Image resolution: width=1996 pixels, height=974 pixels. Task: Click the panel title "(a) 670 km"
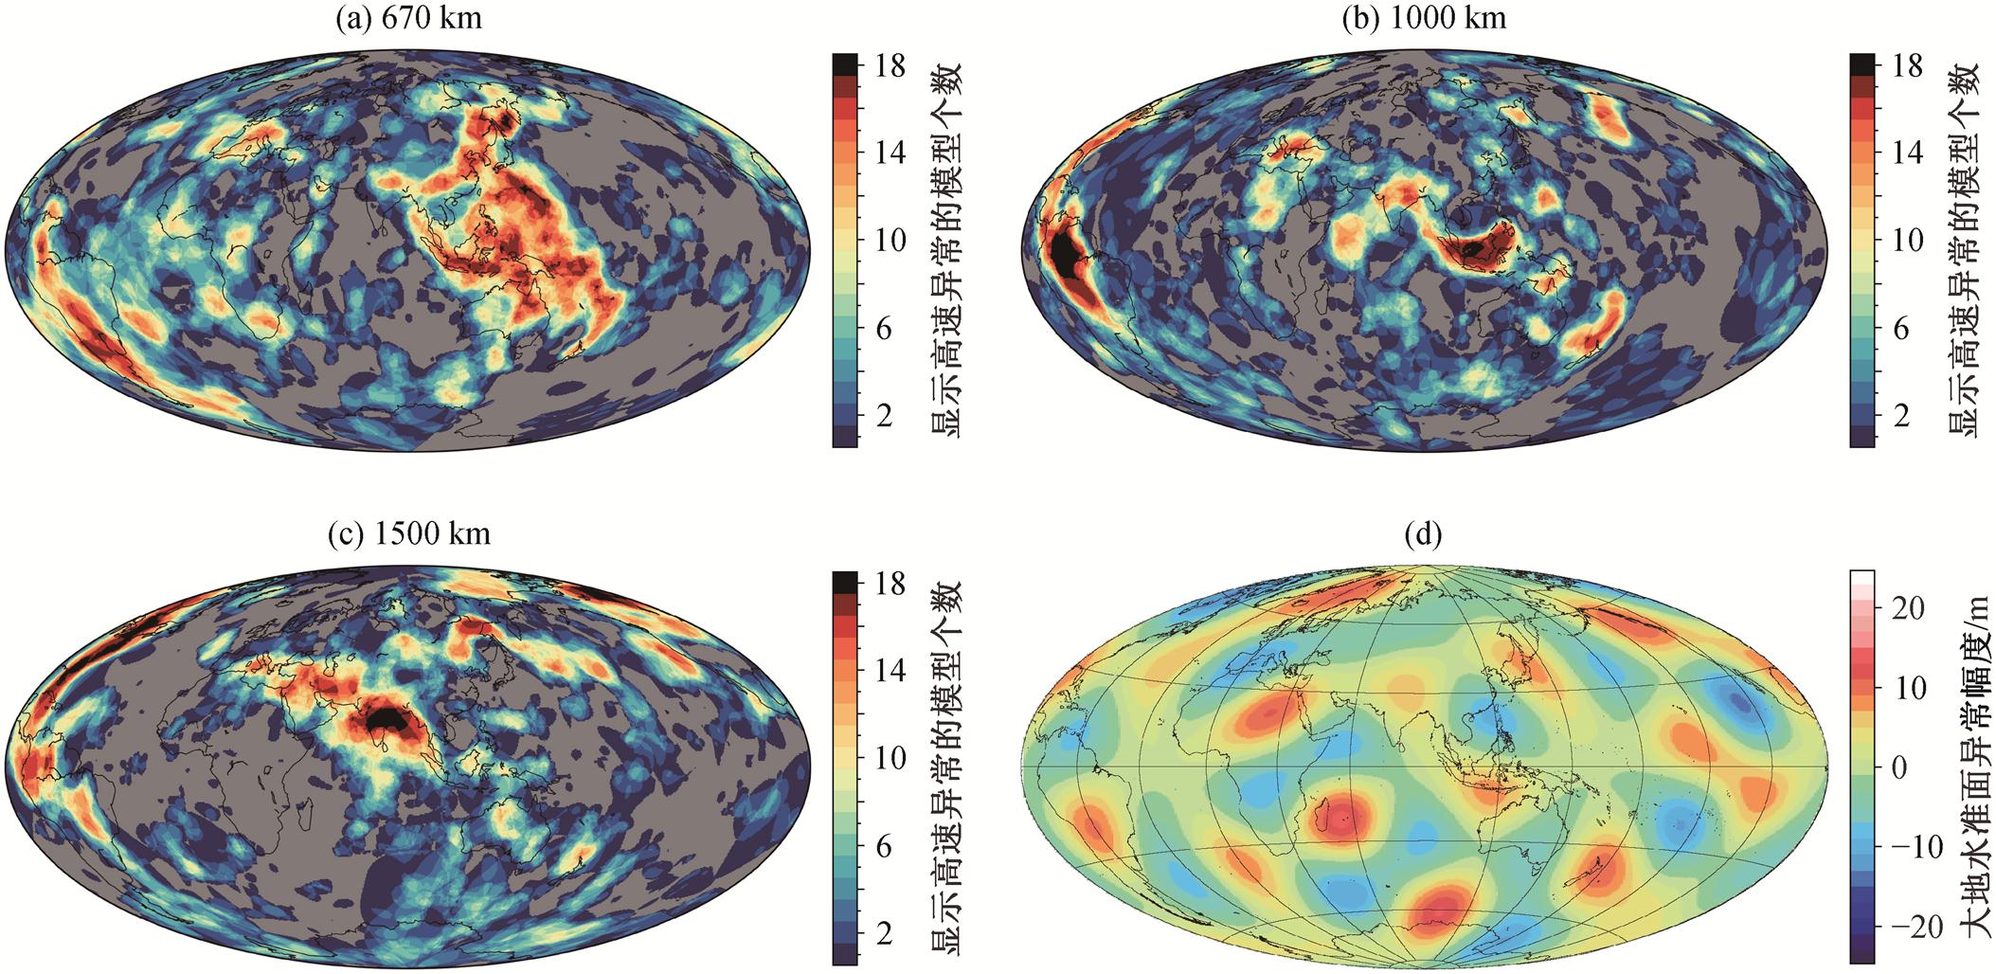(408, 18)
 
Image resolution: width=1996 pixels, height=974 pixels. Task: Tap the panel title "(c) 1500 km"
(408, 534)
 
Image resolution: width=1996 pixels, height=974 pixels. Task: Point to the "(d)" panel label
(1425, 535)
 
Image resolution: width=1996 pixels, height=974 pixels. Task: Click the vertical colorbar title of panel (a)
(944, 249)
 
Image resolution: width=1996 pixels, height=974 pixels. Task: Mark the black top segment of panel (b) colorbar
(1862, 63)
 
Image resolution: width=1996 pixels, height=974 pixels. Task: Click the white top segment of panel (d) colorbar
(1862, 576)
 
